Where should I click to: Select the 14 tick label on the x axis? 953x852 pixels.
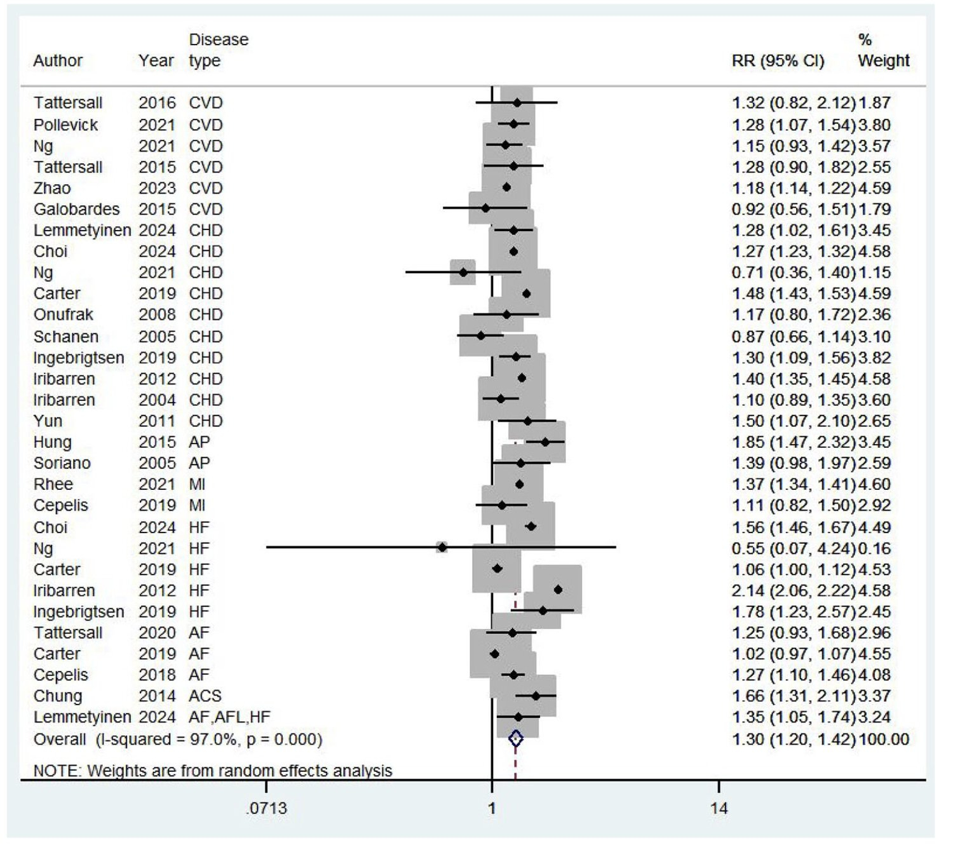[x=719, y=808]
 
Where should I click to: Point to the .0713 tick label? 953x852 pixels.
[x=266, y=808]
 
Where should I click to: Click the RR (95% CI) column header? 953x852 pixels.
[x=778, y=61]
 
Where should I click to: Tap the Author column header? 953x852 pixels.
[x=58, y=61]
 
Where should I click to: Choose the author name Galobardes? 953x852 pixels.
[x=76, y=209]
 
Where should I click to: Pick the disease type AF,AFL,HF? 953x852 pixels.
[x=229, y=717]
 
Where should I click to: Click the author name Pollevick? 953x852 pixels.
[x=65, y=125]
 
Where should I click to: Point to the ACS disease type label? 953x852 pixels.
[x=205, y=696]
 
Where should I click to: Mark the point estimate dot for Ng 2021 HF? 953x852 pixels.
[x=442, y=547]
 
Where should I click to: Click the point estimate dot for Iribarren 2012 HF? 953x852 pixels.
[x=558, y=590]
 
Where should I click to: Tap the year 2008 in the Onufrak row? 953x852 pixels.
[x=157, y=314]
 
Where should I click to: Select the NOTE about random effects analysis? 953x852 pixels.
[x=213, y=771]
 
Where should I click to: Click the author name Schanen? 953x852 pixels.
[x=66, y=336]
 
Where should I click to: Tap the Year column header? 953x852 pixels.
[x=156, y=61]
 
